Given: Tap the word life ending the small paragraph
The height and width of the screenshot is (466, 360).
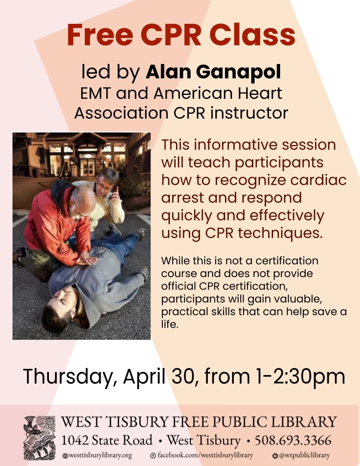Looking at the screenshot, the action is coord(169,324).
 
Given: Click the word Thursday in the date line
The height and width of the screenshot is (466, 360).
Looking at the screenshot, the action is coord(68,376).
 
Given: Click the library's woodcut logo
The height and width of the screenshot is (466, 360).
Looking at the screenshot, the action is coord(40,438).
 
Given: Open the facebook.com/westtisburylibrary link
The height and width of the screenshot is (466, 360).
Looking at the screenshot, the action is coord(202,455).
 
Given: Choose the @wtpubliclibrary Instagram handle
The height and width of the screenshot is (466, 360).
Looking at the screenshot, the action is coord(301,455).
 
